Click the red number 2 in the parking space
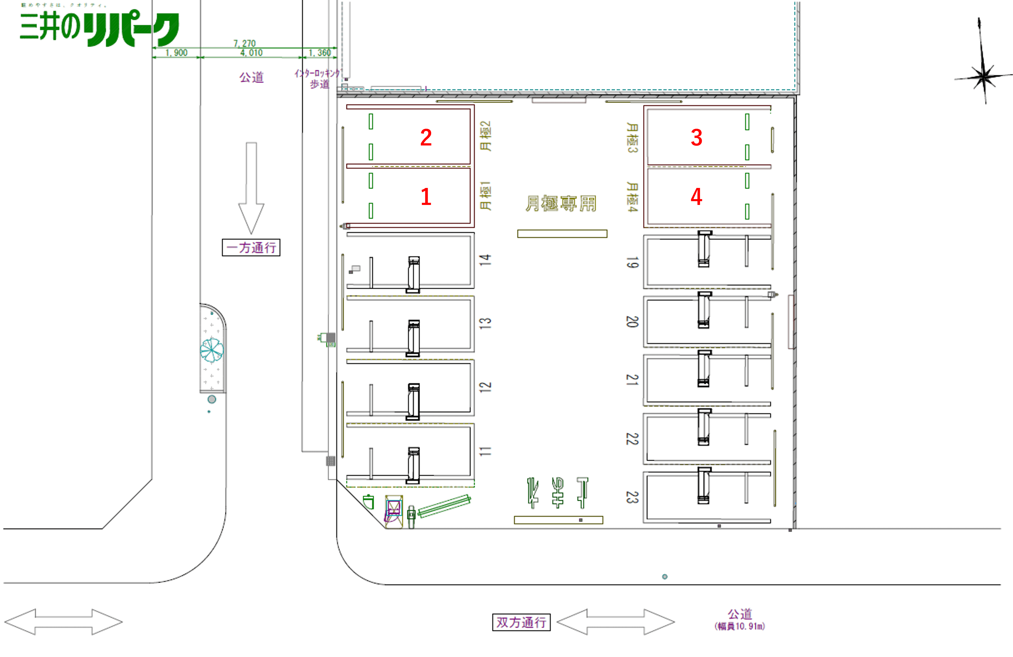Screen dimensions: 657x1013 (426, 138)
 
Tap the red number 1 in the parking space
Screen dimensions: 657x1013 (426, 197)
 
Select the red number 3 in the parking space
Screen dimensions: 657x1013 (696, 138)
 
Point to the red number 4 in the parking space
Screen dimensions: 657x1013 (696, 197)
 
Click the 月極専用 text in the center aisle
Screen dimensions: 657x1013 (561, 204)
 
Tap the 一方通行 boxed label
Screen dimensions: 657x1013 (251, 247)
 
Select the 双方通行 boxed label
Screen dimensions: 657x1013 (521, 622)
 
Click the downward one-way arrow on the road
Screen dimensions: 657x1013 (251, 187)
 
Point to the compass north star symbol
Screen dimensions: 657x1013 (984, 77)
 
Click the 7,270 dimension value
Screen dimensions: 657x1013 (244, 43)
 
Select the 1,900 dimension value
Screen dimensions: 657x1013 (176, 53)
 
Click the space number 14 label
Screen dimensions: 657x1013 (485, 260)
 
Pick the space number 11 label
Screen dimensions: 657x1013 (485, 451)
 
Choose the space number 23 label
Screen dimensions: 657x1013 (632, 497)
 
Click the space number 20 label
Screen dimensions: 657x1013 (632, 321)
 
